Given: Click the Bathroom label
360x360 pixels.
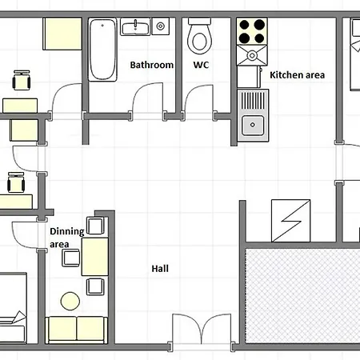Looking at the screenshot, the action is click(152, 65).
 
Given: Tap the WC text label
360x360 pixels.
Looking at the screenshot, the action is click(201, 65).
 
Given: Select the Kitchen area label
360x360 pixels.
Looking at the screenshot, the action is click(298, 75).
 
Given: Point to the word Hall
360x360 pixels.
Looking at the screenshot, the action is click(160, 269).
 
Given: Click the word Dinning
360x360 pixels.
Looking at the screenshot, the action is click(67, 231).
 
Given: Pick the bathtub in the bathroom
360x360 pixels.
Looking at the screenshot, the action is click(102, 50).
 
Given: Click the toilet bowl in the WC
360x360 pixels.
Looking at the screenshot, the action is click(200, 36).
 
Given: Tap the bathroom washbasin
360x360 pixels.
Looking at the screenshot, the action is click(135, 26).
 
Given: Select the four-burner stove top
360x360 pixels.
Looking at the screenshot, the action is click(252, 31).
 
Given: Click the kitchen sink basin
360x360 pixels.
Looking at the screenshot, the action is click(253, 125).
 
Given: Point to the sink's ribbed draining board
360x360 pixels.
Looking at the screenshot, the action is click(253, 101).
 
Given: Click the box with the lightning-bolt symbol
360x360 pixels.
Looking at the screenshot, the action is click(290, 221).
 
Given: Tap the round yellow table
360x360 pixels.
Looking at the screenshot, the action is click(70, 301).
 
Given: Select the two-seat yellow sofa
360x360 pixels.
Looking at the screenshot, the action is click(77, 330).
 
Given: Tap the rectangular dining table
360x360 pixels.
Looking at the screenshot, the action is click(94, 257).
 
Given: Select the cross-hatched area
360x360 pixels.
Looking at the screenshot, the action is click(302, 296).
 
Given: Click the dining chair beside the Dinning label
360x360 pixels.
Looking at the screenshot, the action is click(71, 258).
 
